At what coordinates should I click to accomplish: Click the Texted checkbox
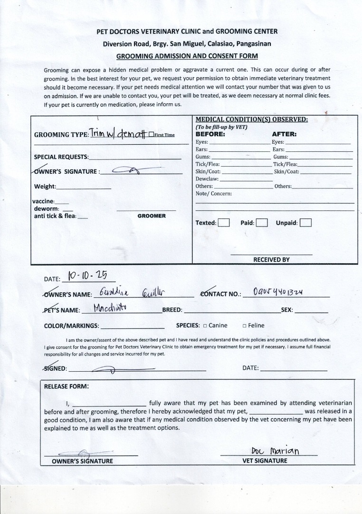point(224,223)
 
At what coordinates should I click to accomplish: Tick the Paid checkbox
point(262,223)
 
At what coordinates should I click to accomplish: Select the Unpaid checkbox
point(305,223)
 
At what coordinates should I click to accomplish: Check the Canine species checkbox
point(205,326)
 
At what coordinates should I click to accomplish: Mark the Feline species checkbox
point(244,326)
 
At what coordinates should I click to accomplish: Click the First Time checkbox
point(151,135)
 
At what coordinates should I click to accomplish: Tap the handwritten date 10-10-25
point(87,276)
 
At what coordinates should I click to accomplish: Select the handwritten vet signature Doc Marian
point(276,450)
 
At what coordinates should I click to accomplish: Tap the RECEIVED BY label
point(271,260)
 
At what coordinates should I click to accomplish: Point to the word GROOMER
point(152,216)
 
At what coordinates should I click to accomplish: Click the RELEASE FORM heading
point(66,386)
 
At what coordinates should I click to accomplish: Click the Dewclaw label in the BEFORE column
point(206,179)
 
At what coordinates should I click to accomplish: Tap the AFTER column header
point(284,134)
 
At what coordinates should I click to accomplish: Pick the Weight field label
point(45,187)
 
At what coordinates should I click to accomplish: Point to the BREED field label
point(172,310)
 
